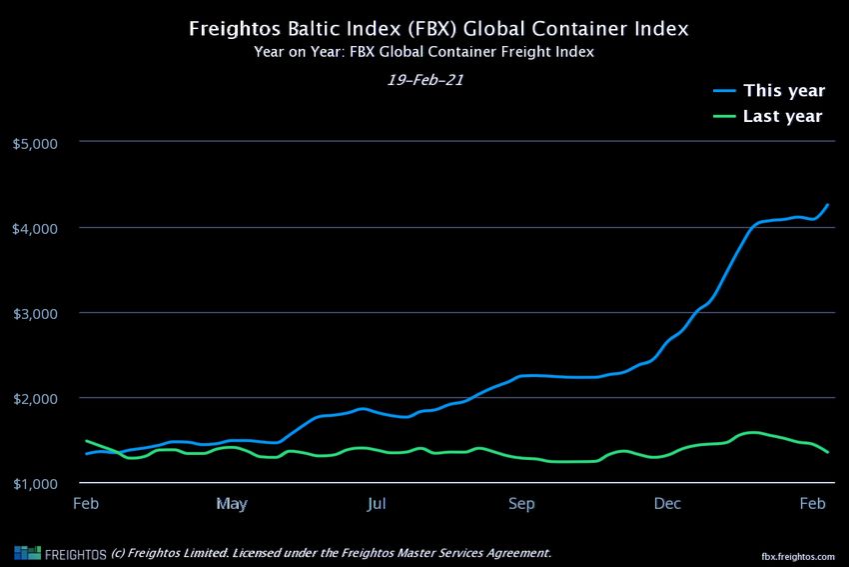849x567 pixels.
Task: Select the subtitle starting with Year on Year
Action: (x=424, y=52)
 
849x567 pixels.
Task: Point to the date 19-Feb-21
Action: (x=424, y=80)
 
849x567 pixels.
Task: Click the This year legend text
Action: (x=784, y=91)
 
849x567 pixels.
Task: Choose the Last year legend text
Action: (x=783, y=116)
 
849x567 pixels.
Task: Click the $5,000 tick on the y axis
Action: (x=36, y=143)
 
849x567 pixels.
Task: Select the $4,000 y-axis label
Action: (x=36, y=228)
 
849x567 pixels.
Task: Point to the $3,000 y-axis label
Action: (x=36, y=313)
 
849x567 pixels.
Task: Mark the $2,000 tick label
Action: (x=36, y=398)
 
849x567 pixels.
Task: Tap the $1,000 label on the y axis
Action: (x=36, y=484)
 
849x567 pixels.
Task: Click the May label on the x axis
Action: (x=232, y=503)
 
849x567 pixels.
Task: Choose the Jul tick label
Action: (x=377, y=503)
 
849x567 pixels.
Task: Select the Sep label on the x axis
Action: (x=521, y=503)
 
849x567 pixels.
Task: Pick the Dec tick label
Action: (x=667, y=503)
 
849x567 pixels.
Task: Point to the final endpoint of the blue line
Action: (x=828, y=205)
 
